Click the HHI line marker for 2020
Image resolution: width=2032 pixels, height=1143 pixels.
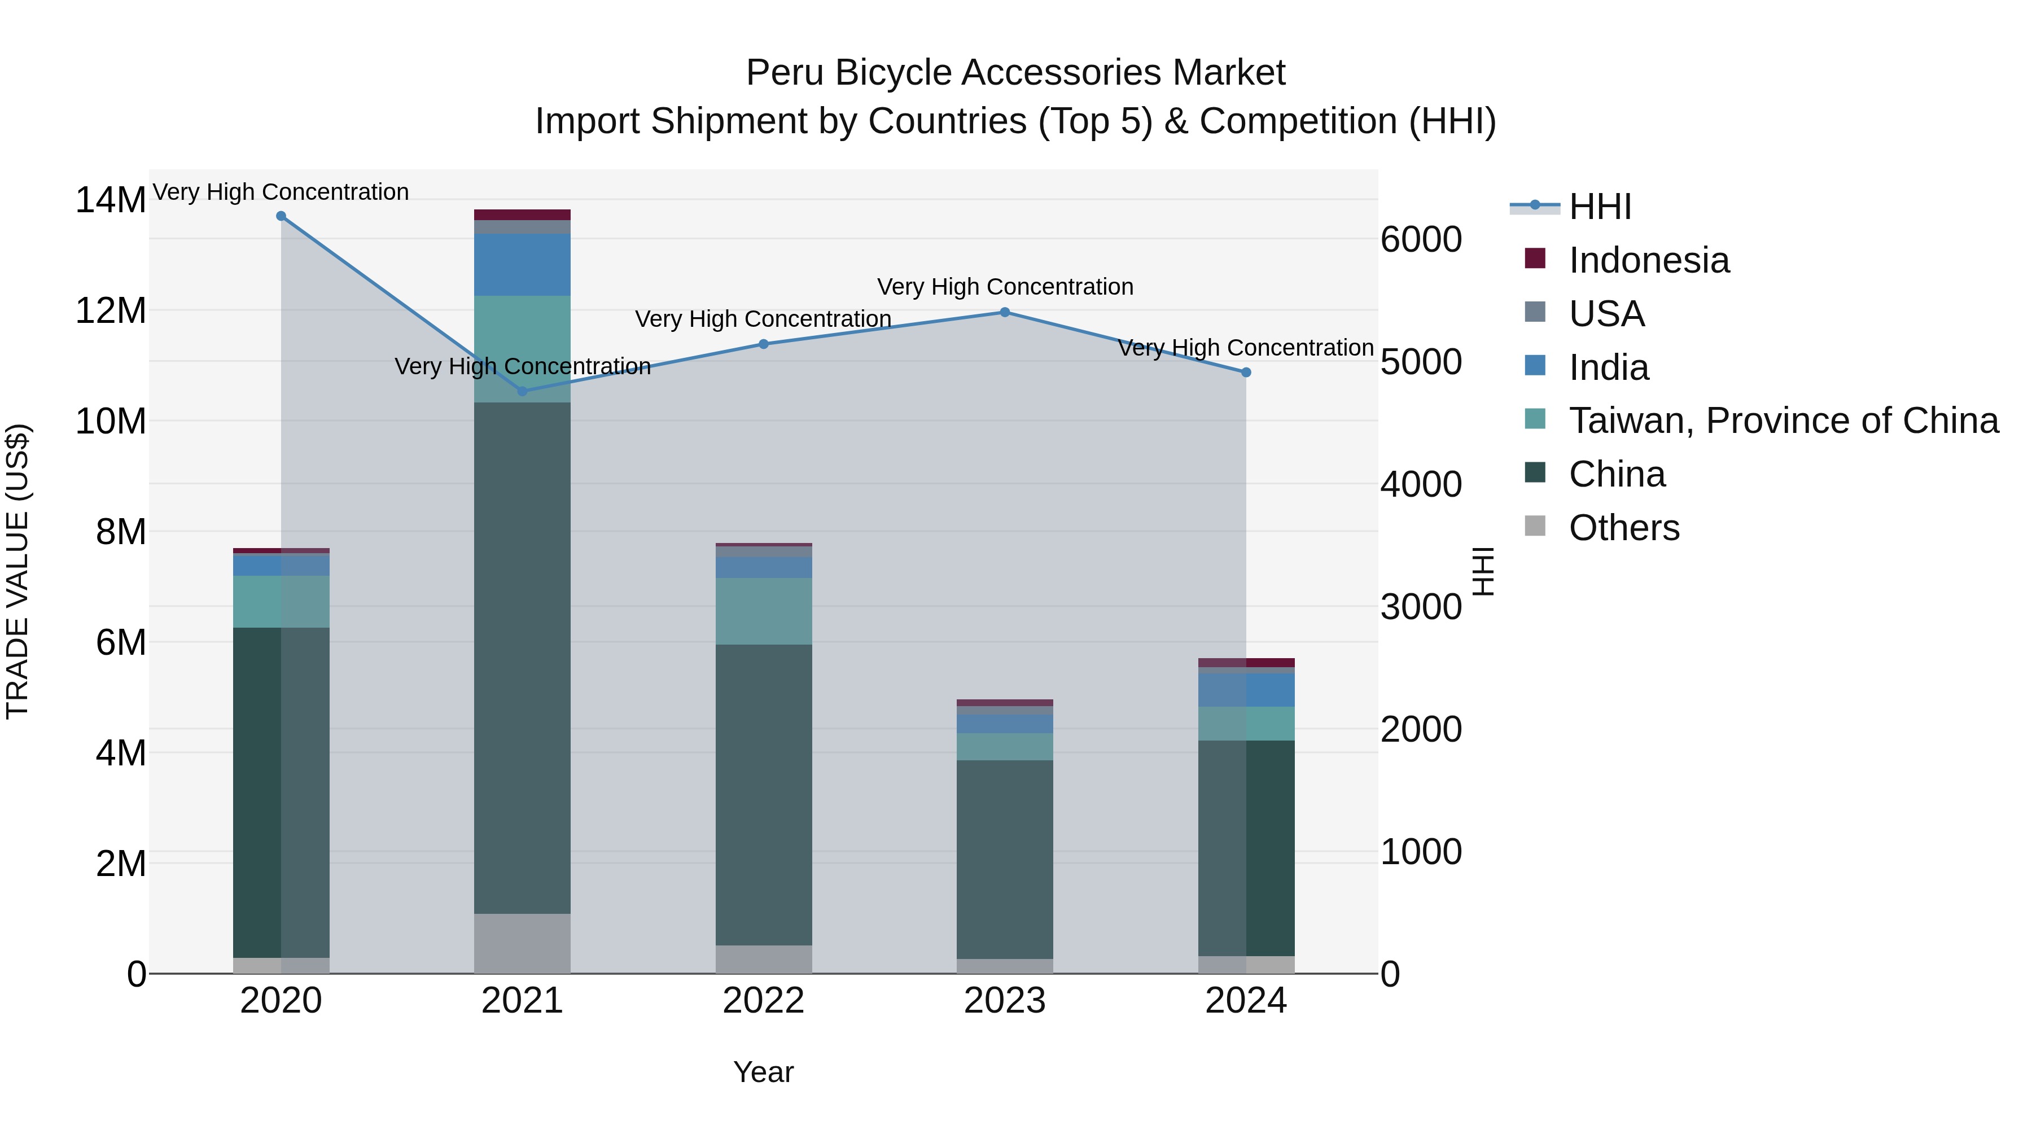(281, 216)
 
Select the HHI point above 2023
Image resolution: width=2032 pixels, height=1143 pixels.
(1004, 312)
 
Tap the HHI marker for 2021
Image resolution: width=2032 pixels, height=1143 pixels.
(522, 391)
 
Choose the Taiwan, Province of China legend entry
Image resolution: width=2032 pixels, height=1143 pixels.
(1783, 421)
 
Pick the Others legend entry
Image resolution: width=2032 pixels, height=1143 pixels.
(1623, 528)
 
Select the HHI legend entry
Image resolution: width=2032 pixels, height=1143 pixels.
(1599, 207)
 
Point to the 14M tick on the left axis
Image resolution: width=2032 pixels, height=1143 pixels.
(111, 200)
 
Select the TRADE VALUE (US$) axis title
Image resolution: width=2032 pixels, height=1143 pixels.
(17, 571)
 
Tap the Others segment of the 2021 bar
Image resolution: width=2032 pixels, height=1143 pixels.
(522, 943)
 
